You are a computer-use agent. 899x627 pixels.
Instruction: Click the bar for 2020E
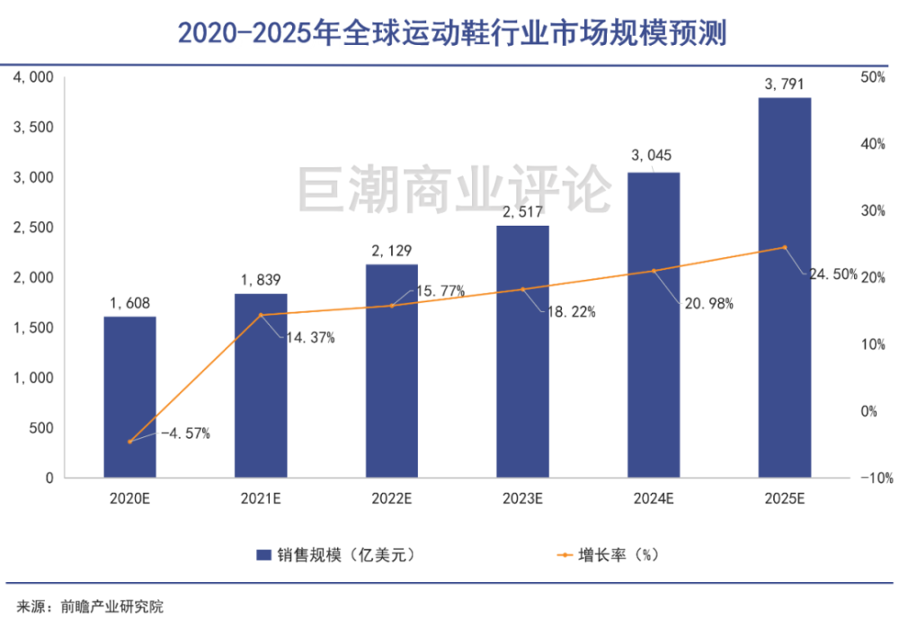(x=129, y=397)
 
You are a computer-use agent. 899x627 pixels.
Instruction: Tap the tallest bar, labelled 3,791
(x=785, y=288)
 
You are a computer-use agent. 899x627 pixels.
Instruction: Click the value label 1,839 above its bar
(x=261, y=281)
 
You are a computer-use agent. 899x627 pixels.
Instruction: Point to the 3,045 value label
(x=654, y=157)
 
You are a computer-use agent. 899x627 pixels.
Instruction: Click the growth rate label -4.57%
(x=185, y=434)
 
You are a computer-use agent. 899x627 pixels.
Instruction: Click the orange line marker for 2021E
(x=261, y=315)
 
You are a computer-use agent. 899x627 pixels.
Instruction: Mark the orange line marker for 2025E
(x=785, y=247)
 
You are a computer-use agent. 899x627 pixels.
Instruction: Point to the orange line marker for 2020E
(x=129, y=442)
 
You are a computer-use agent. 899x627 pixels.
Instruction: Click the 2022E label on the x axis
(x=392, y=497)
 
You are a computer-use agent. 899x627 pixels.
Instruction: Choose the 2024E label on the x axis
(x=654, y=497)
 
